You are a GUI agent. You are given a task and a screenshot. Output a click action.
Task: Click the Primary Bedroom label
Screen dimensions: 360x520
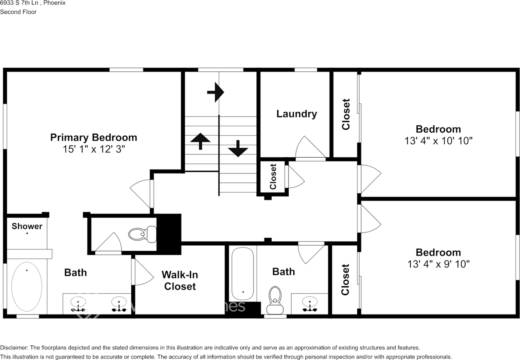[x=93, y=137]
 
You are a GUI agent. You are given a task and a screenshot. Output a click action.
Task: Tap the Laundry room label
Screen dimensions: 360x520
[x=297, y=114]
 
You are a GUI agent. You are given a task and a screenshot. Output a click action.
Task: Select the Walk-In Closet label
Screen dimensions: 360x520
[x=180, y=280]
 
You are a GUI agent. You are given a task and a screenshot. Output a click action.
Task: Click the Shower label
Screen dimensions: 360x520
[x=27, y=226]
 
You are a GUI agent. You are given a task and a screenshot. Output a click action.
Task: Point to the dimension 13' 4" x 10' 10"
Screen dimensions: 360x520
[x=438, y=141]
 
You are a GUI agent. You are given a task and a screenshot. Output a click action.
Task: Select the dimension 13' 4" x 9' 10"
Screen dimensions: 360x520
[x=438, y=264]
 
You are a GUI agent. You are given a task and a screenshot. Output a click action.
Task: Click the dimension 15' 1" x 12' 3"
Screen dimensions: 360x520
[x=93, y=149]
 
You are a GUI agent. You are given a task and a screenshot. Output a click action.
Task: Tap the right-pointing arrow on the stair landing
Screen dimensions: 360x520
[x=216, y=93]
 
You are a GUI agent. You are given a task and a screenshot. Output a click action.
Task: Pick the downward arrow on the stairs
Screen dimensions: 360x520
[x=238, y=149]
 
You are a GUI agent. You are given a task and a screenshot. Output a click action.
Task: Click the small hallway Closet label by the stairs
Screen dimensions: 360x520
[x=273, y=177]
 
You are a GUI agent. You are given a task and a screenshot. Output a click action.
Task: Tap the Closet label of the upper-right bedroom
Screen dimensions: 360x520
[x=346, y=114]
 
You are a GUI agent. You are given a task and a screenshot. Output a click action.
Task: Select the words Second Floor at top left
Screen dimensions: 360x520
[x=18, y=12]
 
